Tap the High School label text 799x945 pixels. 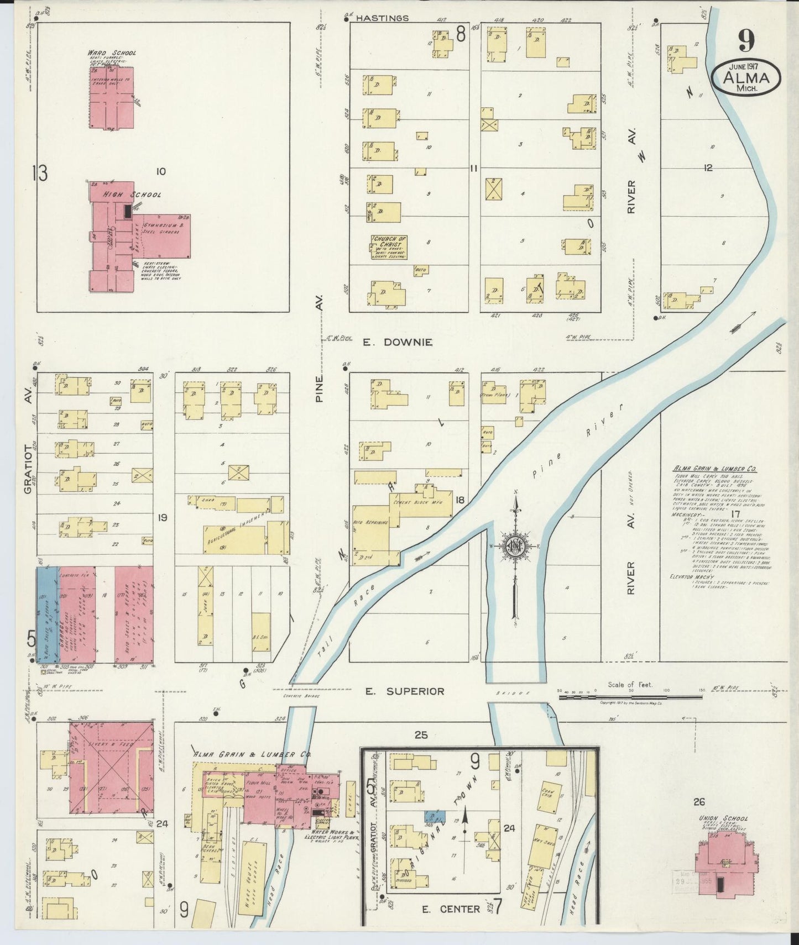[131, 195]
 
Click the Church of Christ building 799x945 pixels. [388, 247]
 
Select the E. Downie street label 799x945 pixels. [397, 343]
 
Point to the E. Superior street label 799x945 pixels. [405, 691]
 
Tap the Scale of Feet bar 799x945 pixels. [630, 697]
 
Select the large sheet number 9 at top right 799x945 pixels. [746, 40]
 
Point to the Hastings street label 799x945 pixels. [382, 18]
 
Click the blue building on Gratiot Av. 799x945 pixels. [48, 613]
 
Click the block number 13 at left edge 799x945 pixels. [40, 173]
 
